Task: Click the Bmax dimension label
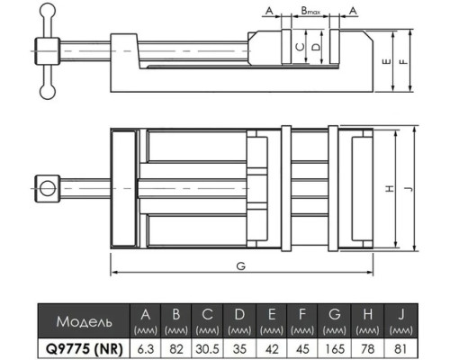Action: coord(310,11)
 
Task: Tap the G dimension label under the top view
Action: coord(241,266)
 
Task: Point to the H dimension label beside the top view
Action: coord(390,189)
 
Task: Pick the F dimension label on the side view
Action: coord(404,61)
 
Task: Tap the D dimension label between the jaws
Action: coord(316,47)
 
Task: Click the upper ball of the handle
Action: coord(48,10)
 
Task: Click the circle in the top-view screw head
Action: coord(48,189)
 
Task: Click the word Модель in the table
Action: coord(85,321)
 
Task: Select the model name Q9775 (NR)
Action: coord(85,348)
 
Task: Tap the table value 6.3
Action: coord(146,349)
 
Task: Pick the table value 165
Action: coord(335,349)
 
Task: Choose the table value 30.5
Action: coord(207,349)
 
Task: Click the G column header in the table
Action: coord(335,314)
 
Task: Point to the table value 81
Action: coord(400,349)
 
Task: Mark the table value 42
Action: coord(272,349)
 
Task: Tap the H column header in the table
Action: coord(368,314)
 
